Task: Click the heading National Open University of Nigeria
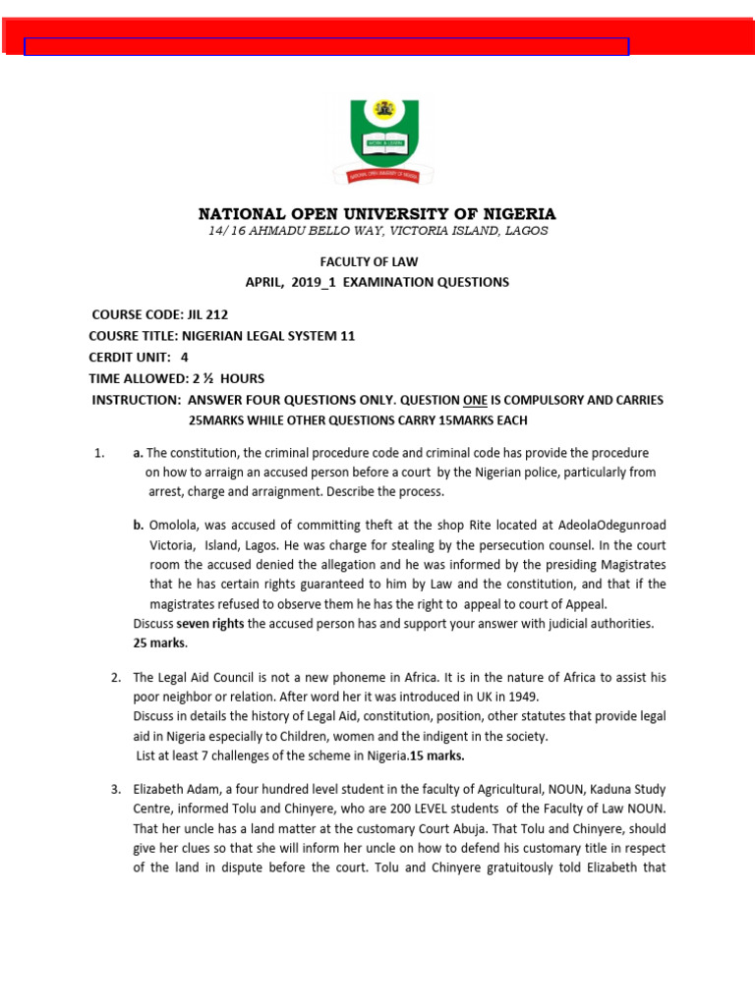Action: pyautogui.click(x=377, y=214)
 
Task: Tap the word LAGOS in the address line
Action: pyautogui.click(x=521, y=231)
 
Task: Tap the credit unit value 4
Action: pyautogui.click(x=185, y=358)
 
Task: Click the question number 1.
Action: pyautogui.click(x=98, y=453)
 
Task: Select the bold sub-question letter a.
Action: pyautogui.click(x=139, y=453)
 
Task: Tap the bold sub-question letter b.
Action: pyautogui.click(x=139, y=526)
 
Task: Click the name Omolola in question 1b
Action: pyautogui.click(x=175, y=526)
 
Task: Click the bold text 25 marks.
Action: pyautogui.click(x=159, y=643)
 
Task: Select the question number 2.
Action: pyautogui.click(x=116, y=678)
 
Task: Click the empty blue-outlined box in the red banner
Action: pyautogui.click(x=325, y=46)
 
